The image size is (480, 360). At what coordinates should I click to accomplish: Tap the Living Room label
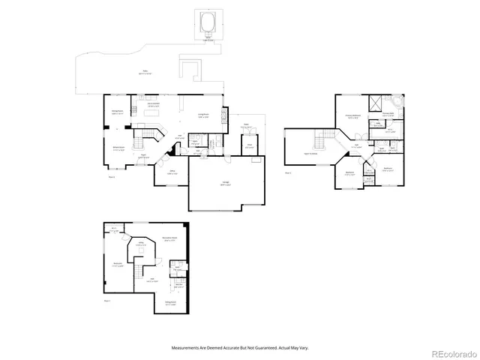pyautogui.click(x=202, y=115)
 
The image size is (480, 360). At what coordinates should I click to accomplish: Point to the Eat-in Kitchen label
pyautogui.click(x=153, y=106)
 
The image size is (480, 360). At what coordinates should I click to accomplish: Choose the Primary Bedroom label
pyautogui.click(x=351, y=117)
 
